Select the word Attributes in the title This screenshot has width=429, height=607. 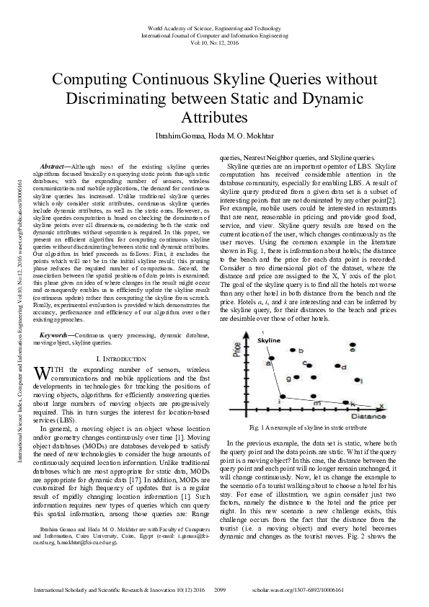(214, 116)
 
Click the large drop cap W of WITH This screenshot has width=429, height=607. (42, 373)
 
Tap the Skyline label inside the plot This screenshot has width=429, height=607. (270, 340)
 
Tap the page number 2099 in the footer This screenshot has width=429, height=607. (221, 590)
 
